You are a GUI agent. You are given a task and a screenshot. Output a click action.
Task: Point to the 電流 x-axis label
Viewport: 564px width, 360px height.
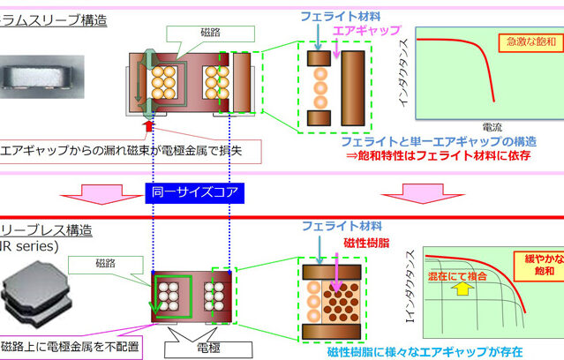pyautogui.click(x=494, y=126)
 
